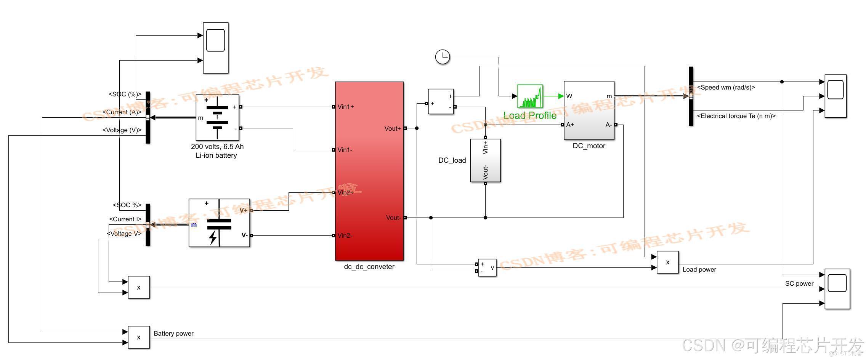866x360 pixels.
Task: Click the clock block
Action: pyautogui.click(x=443, y=57)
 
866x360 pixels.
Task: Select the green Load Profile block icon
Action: pyautogui.click(x=530, y=96)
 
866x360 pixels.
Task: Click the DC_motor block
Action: pyautogui.click(x=589, y=110)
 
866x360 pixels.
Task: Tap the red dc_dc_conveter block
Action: pyautogui.click(x=369, y=171)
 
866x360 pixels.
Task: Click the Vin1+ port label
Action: pyautogui.click(x=346, y=107)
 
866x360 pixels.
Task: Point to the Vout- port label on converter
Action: pyautogui.click(x=393, y=218)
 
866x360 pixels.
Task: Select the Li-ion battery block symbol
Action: pyautogui.click(x=217, y=118)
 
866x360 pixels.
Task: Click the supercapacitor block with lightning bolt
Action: pyautogui.click(x=219, y=223)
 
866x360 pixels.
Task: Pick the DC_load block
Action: pyautogui.click(x=485, y=160)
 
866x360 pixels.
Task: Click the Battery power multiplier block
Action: pyautogui.click(x=138, y=337)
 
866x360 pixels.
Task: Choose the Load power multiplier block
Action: pyautogui.click(x=667, y=262)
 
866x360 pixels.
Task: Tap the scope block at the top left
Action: pyautogui.click(x=215, y=48)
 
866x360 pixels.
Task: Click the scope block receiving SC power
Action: pyautogui.click(x=837, y=289)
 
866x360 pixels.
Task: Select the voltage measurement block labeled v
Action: pyautogui.click(x=487, y=268)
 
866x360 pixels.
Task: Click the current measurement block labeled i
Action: pyautogui.click(x=441, y=101)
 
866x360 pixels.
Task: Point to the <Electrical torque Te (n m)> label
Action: pyautogui.click(x=736, y=116)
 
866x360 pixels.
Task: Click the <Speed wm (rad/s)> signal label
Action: pyautogui.click(x=726, y=88)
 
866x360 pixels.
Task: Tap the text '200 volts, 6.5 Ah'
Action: pyautogui.click(x=217, y=147)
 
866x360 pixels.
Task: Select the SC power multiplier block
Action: pyautogui.click(x=138, y=287)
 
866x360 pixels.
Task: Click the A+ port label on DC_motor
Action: pyautogui.click(x=570, y=125)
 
